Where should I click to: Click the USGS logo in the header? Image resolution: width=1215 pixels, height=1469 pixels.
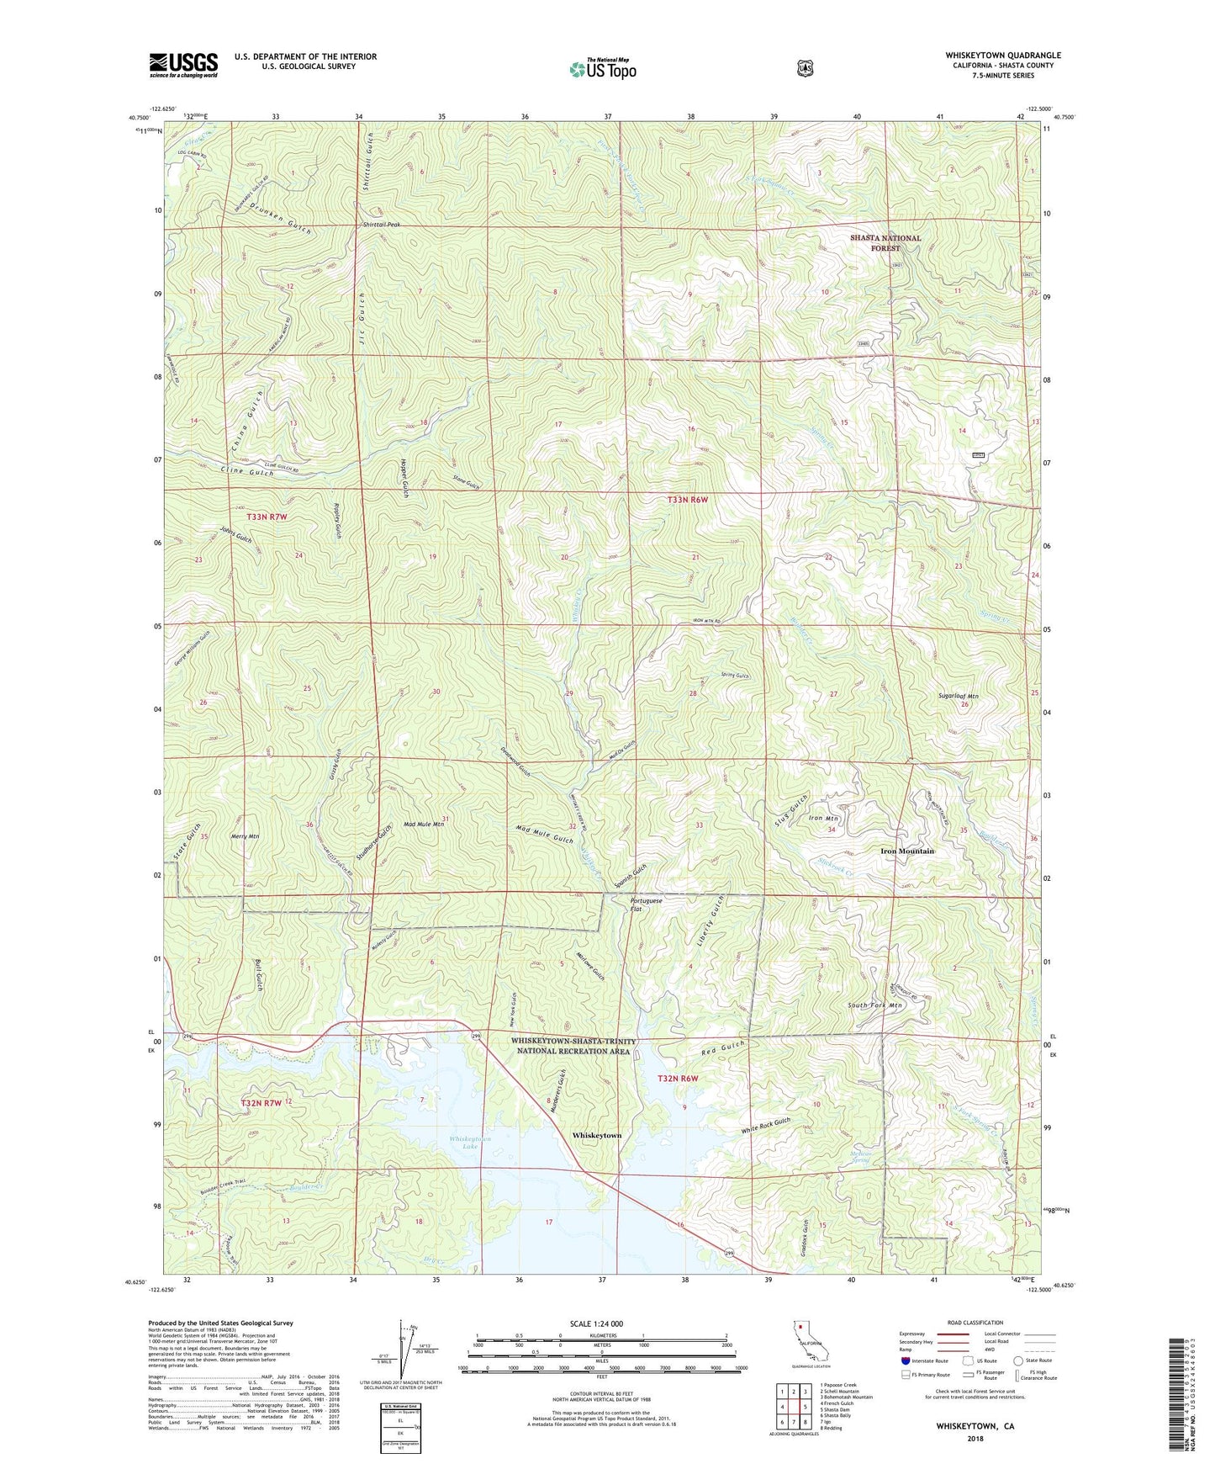(183, 65)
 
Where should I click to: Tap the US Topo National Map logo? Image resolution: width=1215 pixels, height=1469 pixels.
(601, 69)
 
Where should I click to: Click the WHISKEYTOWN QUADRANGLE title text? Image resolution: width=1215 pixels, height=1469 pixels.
(1002, 56)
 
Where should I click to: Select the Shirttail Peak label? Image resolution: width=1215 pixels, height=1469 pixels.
(382, 225)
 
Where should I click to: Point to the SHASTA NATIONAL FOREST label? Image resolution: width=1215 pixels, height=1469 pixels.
(885, 243)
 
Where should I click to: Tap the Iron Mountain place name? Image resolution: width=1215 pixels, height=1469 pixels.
(907, 851)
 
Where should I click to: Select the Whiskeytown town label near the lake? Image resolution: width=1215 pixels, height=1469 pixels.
(597, 1135)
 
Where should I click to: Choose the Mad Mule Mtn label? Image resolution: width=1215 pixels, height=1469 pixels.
(424, 825)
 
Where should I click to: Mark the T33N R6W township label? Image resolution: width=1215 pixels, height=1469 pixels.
(688, 500)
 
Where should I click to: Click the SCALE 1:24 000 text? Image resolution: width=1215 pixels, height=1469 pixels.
(596, 1324)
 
